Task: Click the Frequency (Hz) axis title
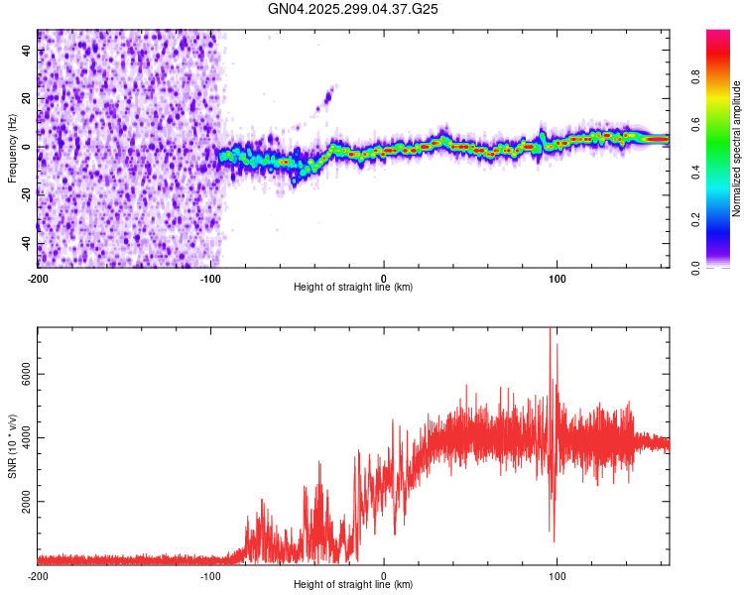coord(12,149)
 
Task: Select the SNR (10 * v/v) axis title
coord(12,446)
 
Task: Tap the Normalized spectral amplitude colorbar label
coord(737,149)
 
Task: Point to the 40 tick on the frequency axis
coord(27,51)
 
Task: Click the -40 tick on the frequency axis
coord(27,243)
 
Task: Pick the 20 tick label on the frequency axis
coord(27,99)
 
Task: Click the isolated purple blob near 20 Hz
coord(327,97)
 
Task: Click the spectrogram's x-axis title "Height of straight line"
coord(353,288)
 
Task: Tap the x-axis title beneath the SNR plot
coord(353,585)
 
